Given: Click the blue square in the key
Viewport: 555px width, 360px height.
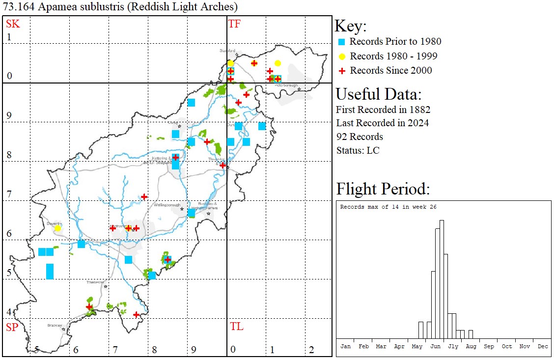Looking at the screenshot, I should tap(342, 42).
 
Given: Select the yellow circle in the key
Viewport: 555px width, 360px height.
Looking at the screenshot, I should tap(342, 56).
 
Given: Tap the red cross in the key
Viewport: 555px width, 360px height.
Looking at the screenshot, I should tap(342, 71).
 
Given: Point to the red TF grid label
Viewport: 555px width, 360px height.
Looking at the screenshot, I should tap(234, 24).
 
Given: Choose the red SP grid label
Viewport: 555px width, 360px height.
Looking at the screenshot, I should tap(12, 327).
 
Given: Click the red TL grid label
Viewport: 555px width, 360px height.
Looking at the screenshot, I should tap(236, 327).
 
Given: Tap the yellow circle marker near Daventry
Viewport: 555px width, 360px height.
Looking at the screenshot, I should tap(57, 228).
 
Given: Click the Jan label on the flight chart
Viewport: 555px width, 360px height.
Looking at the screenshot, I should tap(346, 346).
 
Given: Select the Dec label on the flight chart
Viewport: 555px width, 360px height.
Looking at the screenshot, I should tap(543, 346).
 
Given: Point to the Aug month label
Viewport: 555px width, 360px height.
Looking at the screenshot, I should tap(471, 346).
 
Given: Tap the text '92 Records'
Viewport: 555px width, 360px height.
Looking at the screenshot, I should tap(360, 137).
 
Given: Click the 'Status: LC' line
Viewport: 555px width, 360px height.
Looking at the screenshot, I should tap(358, 150).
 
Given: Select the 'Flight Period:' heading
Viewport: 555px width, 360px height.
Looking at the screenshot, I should tap(383, 189).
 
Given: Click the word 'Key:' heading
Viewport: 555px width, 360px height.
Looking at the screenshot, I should tap(350, 26).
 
